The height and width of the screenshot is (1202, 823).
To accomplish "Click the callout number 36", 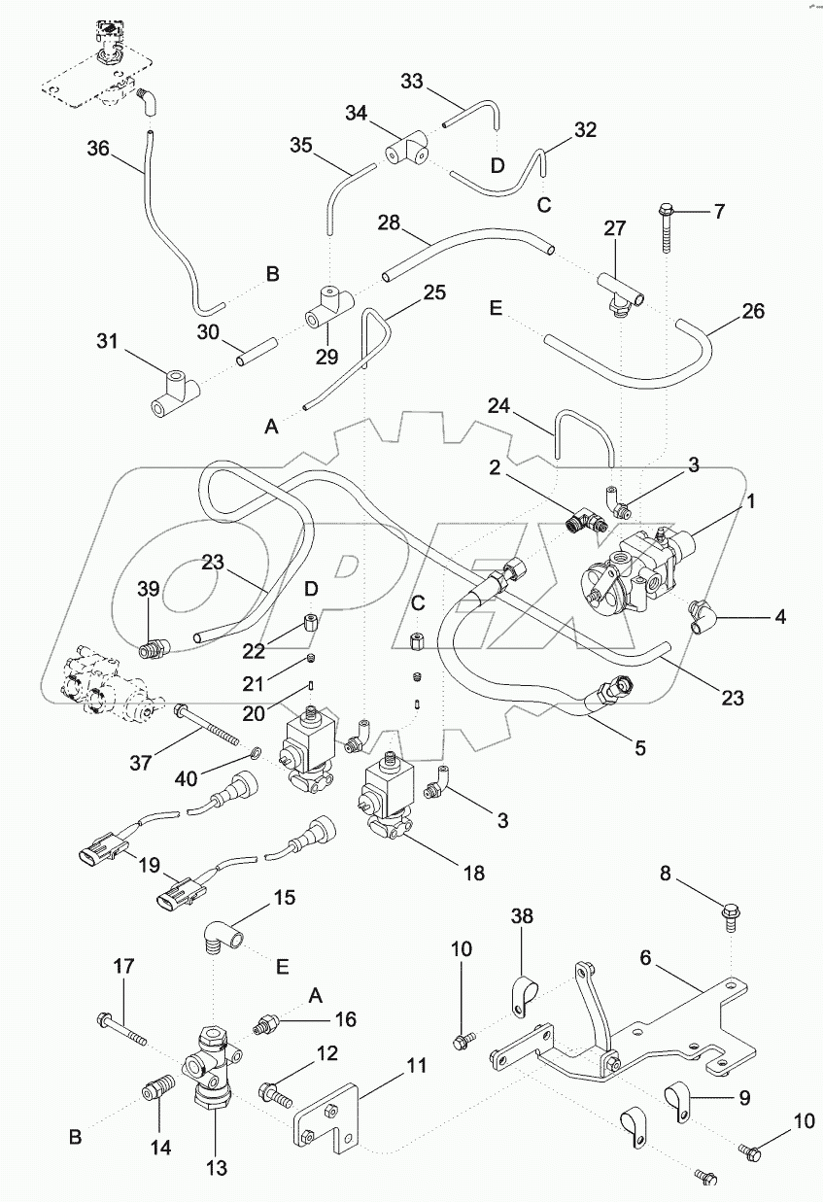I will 98,150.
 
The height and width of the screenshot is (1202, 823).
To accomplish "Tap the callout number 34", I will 357,115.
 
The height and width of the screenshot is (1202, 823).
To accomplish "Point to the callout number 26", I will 752,311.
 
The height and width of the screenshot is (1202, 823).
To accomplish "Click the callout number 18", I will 473,872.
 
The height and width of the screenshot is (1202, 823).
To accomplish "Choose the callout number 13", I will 216,1169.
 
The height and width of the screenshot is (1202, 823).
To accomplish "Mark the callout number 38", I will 521,916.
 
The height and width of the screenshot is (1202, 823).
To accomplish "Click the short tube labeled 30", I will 255,351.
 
